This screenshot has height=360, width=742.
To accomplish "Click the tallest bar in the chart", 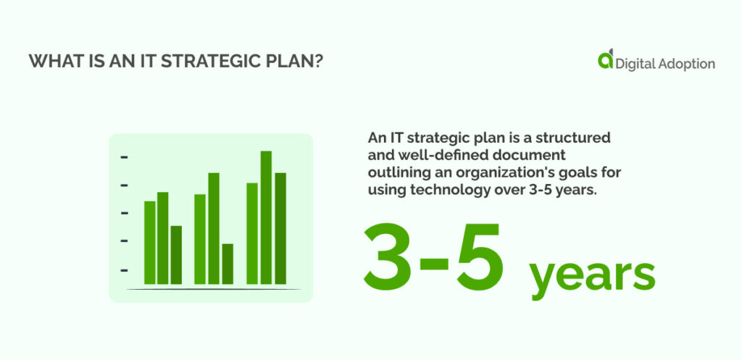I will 266,217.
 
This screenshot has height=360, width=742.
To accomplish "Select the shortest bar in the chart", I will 228,264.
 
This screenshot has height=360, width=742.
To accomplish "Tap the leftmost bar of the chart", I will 150,242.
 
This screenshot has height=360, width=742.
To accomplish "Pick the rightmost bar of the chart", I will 280,228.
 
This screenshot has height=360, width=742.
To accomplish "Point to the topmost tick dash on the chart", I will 124,156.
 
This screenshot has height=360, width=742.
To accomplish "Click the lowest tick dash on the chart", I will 124,270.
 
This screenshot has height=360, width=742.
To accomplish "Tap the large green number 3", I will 392,255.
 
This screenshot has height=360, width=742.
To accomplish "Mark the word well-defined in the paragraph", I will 432,156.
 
